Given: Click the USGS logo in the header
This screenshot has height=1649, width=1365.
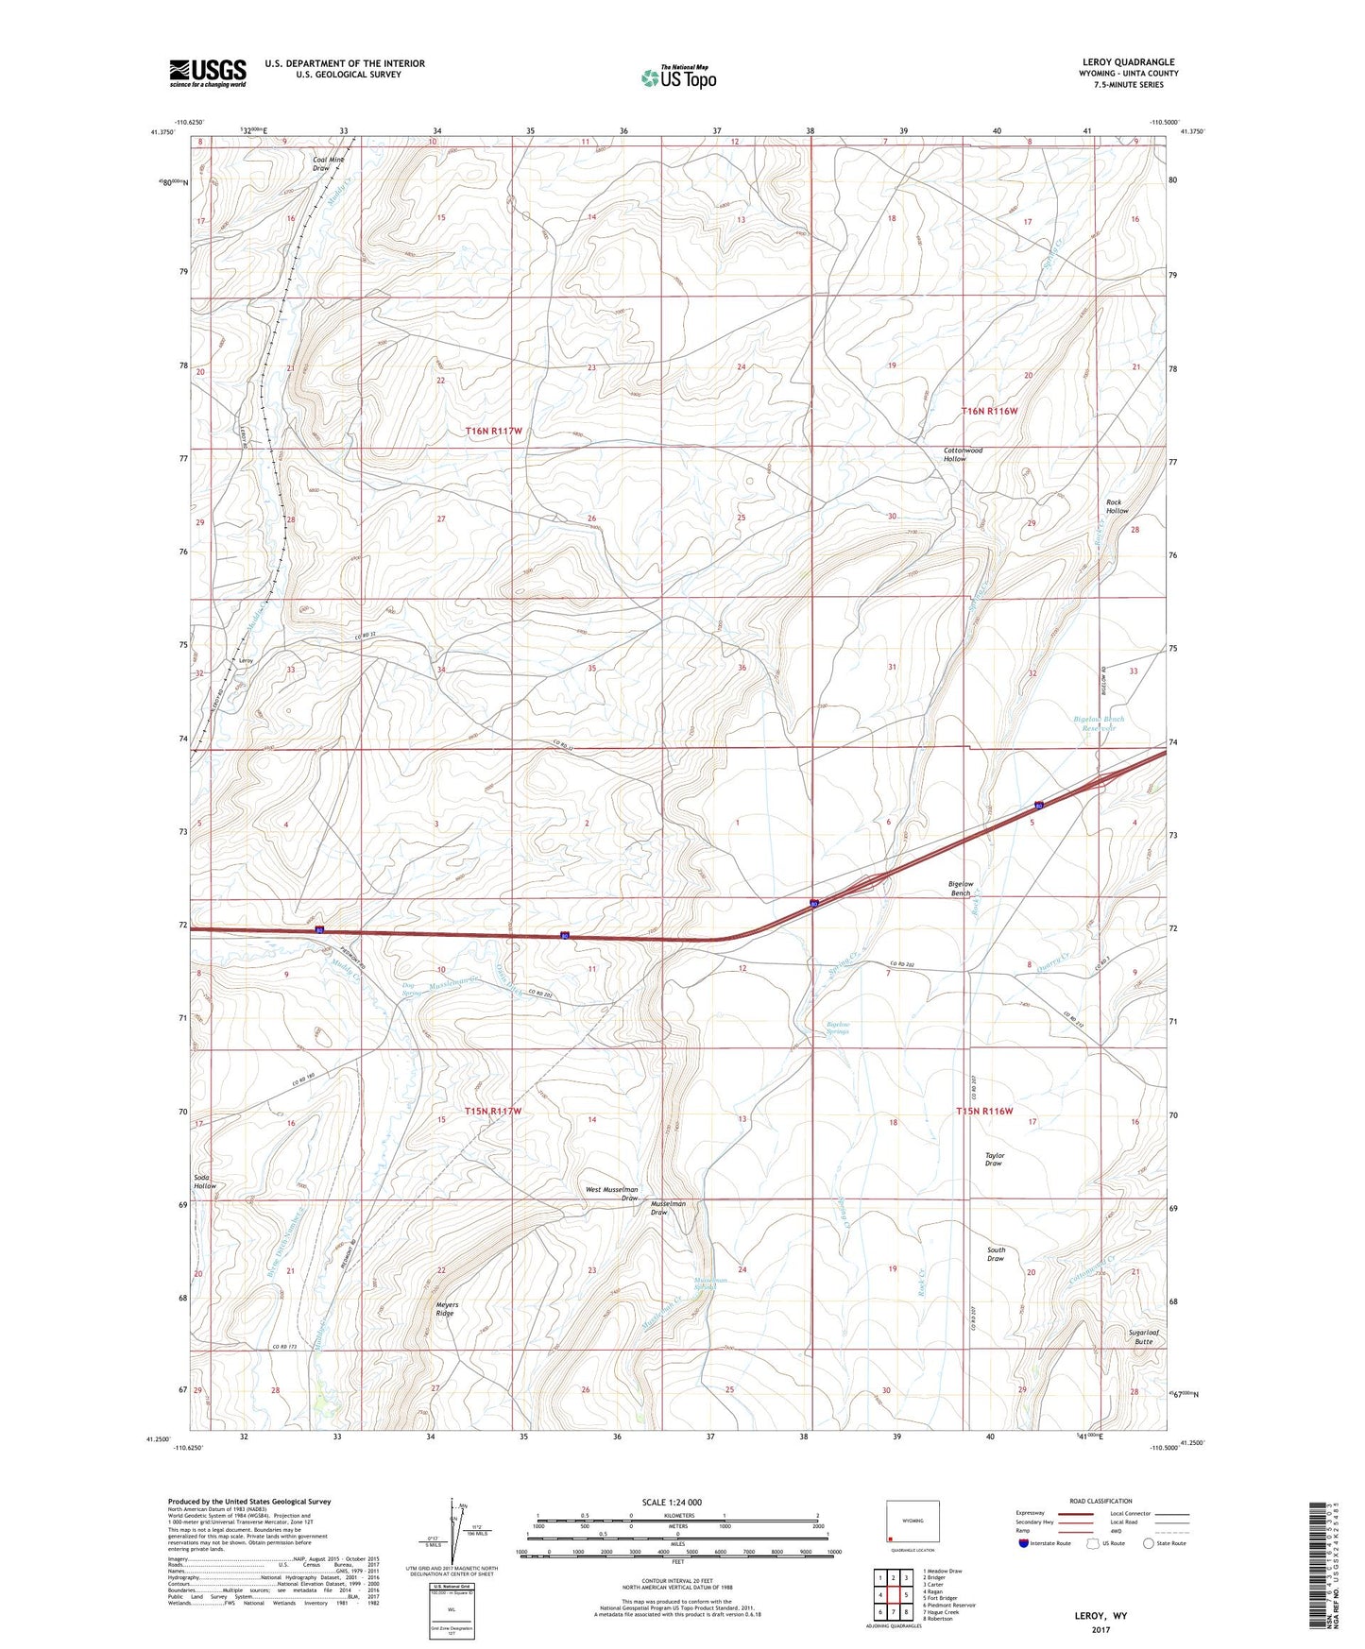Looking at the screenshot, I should click(x=208, y=73).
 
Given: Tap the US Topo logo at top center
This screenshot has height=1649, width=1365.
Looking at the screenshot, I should click(x=677, y=77).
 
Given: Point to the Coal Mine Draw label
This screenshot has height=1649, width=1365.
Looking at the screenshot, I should click(x=329, y=163).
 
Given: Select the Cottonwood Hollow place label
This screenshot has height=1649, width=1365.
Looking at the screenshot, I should click(x=963, y=454).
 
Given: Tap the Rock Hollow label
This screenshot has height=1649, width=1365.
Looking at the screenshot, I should click(x=1117, y=506).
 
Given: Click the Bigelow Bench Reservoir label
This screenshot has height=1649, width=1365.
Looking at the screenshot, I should click(x=1099, y=723).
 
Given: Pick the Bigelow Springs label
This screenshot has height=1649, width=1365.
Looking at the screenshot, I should click(x=838, y=1028).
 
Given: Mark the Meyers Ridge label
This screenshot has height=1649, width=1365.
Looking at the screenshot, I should click(x=445, y=1309).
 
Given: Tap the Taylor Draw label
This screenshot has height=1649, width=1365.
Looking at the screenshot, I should click(x=994, y=1159).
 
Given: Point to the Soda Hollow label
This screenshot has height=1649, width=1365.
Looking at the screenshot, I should click(x=205, y=1181).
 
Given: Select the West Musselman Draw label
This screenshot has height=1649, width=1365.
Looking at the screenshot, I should click(x=612, y=1194).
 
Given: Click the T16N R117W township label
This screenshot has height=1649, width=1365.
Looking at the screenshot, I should click(x=493, y=431).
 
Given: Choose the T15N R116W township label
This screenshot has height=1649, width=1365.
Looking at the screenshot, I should click(x=983, y=1111).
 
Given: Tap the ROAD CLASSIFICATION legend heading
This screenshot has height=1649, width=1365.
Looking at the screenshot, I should click(x=1101, y=1501).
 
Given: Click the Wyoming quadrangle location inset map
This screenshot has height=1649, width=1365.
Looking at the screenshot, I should click(x=912, y=1522).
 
